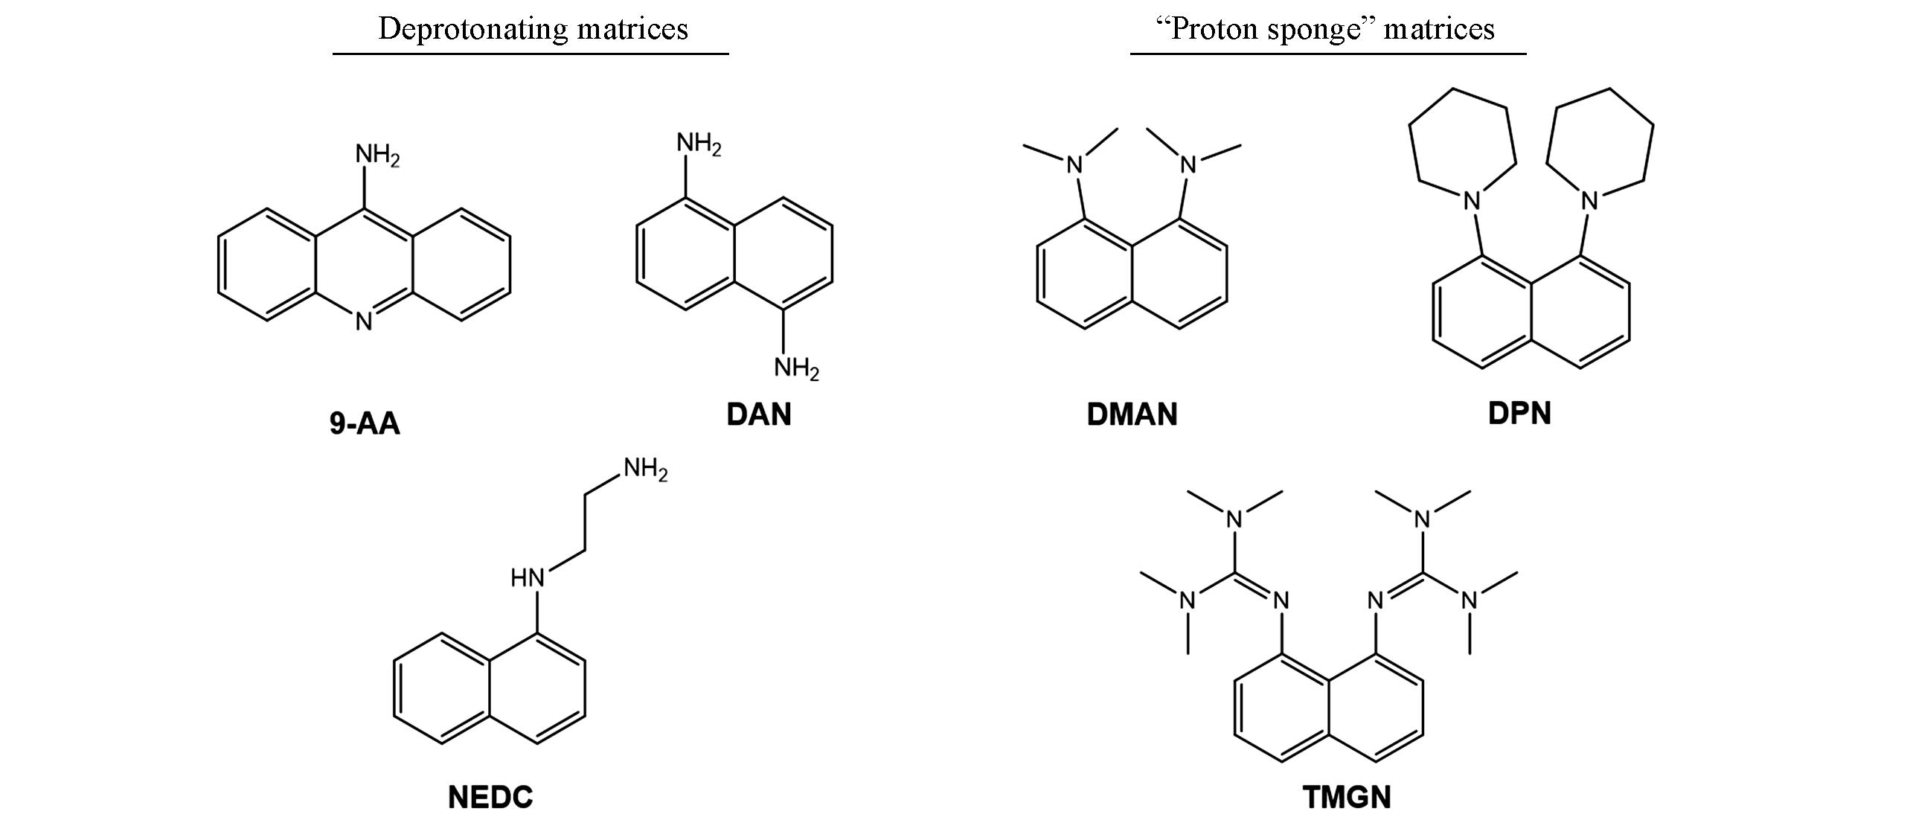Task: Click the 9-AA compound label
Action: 365,424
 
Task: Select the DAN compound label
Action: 759,414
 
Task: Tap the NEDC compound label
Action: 490,797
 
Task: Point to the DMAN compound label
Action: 1132,414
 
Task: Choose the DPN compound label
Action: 1519,414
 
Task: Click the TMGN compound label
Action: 1347,797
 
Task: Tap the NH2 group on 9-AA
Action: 376,155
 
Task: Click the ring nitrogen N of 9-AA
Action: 364,321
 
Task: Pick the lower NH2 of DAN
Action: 795,368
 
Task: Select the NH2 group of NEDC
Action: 645,470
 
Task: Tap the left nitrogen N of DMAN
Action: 1074,164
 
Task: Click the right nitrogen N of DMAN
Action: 1188,164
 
